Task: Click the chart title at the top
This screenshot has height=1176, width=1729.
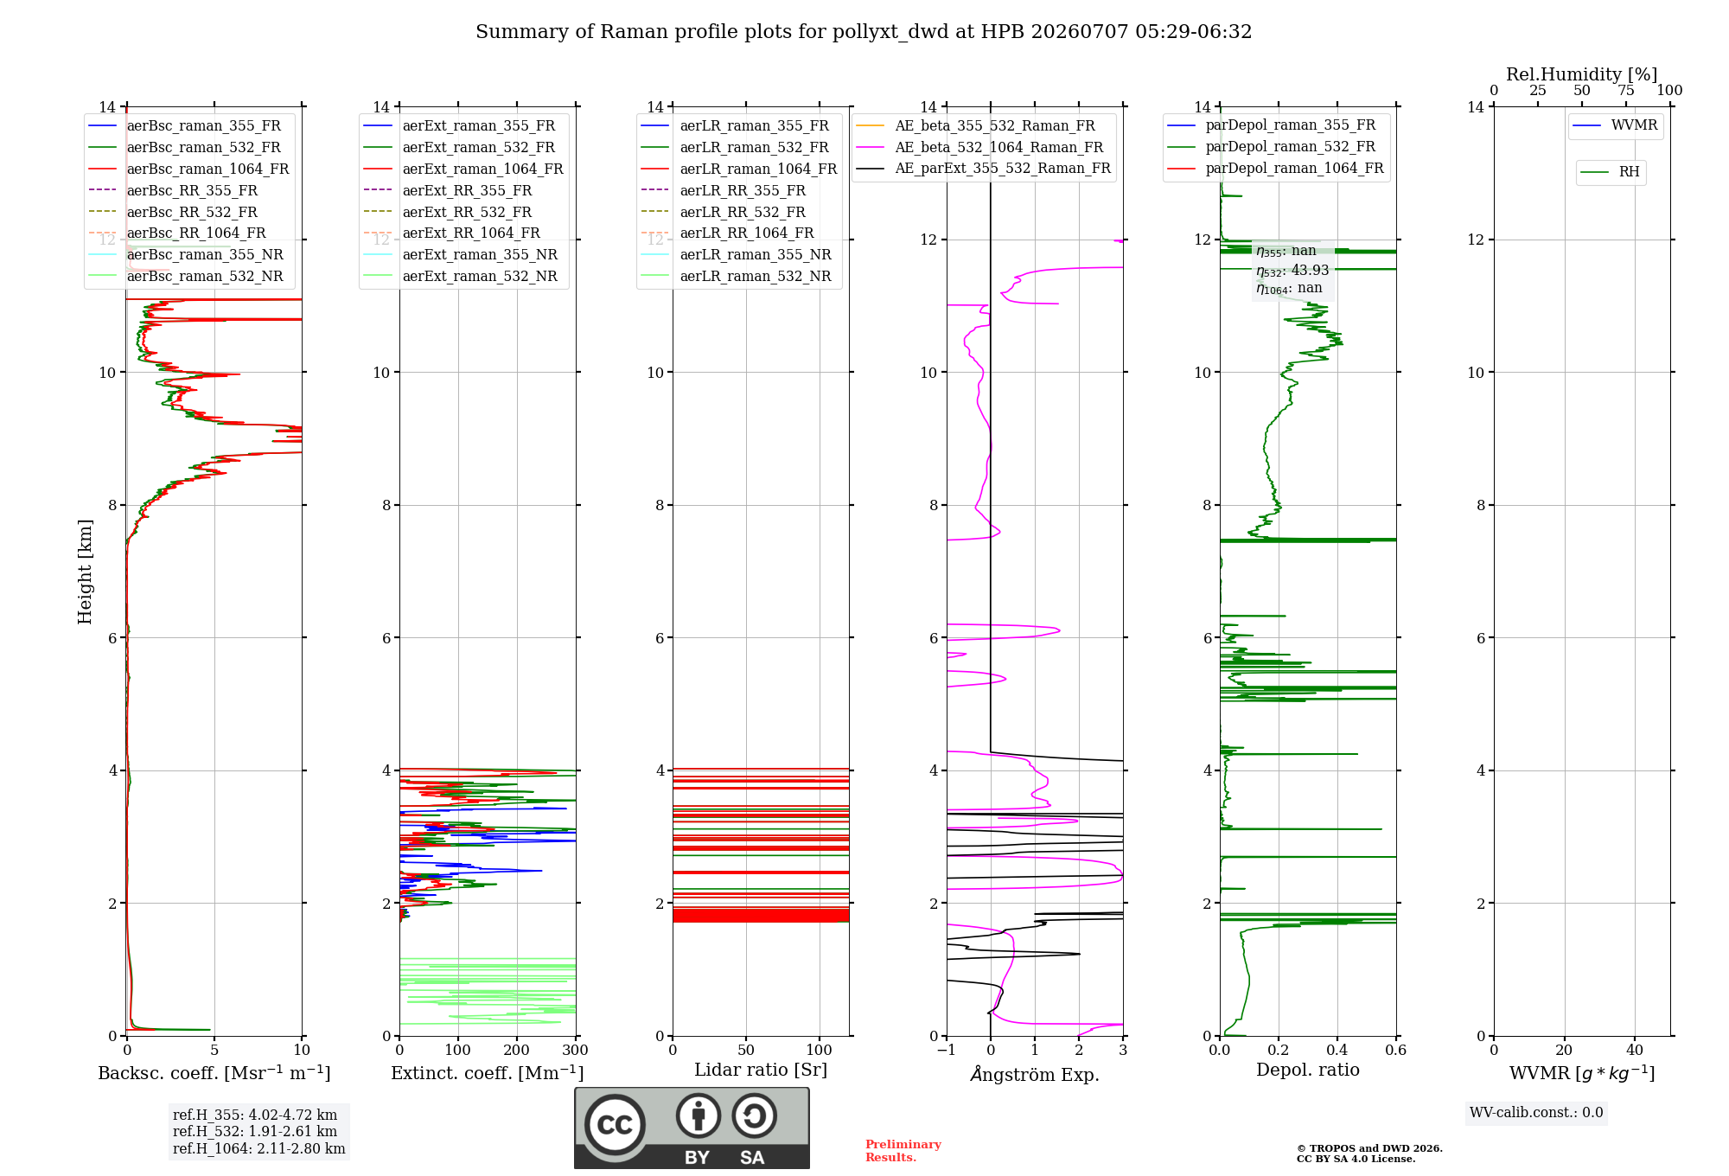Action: tap(864, 32)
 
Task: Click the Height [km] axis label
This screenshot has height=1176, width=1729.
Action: tap(85, 572)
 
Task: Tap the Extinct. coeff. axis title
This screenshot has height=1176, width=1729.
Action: tap(488, 1073)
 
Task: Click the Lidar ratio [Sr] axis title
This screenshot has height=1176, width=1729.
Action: tap(761, 1070)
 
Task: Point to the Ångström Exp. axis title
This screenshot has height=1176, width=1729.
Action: tap(1035, 1074)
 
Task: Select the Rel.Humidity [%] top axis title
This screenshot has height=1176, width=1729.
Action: tap(1582, 74)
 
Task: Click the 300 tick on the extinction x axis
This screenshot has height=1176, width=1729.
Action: tap(576, 1050)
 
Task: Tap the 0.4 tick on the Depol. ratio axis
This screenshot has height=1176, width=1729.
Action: tap(1337, 1050)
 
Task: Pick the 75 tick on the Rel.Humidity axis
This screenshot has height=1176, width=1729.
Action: tap(1626, 90)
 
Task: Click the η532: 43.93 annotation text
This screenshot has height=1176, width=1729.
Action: tap(1292, 271)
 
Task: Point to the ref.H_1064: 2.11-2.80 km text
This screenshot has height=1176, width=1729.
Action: tap(259, 1149)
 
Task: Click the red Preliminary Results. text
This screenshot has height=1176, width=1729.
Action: tap(903, 1151)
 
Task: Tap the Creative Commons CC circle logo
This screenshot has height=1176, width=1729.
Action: tap(615, 1125)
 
